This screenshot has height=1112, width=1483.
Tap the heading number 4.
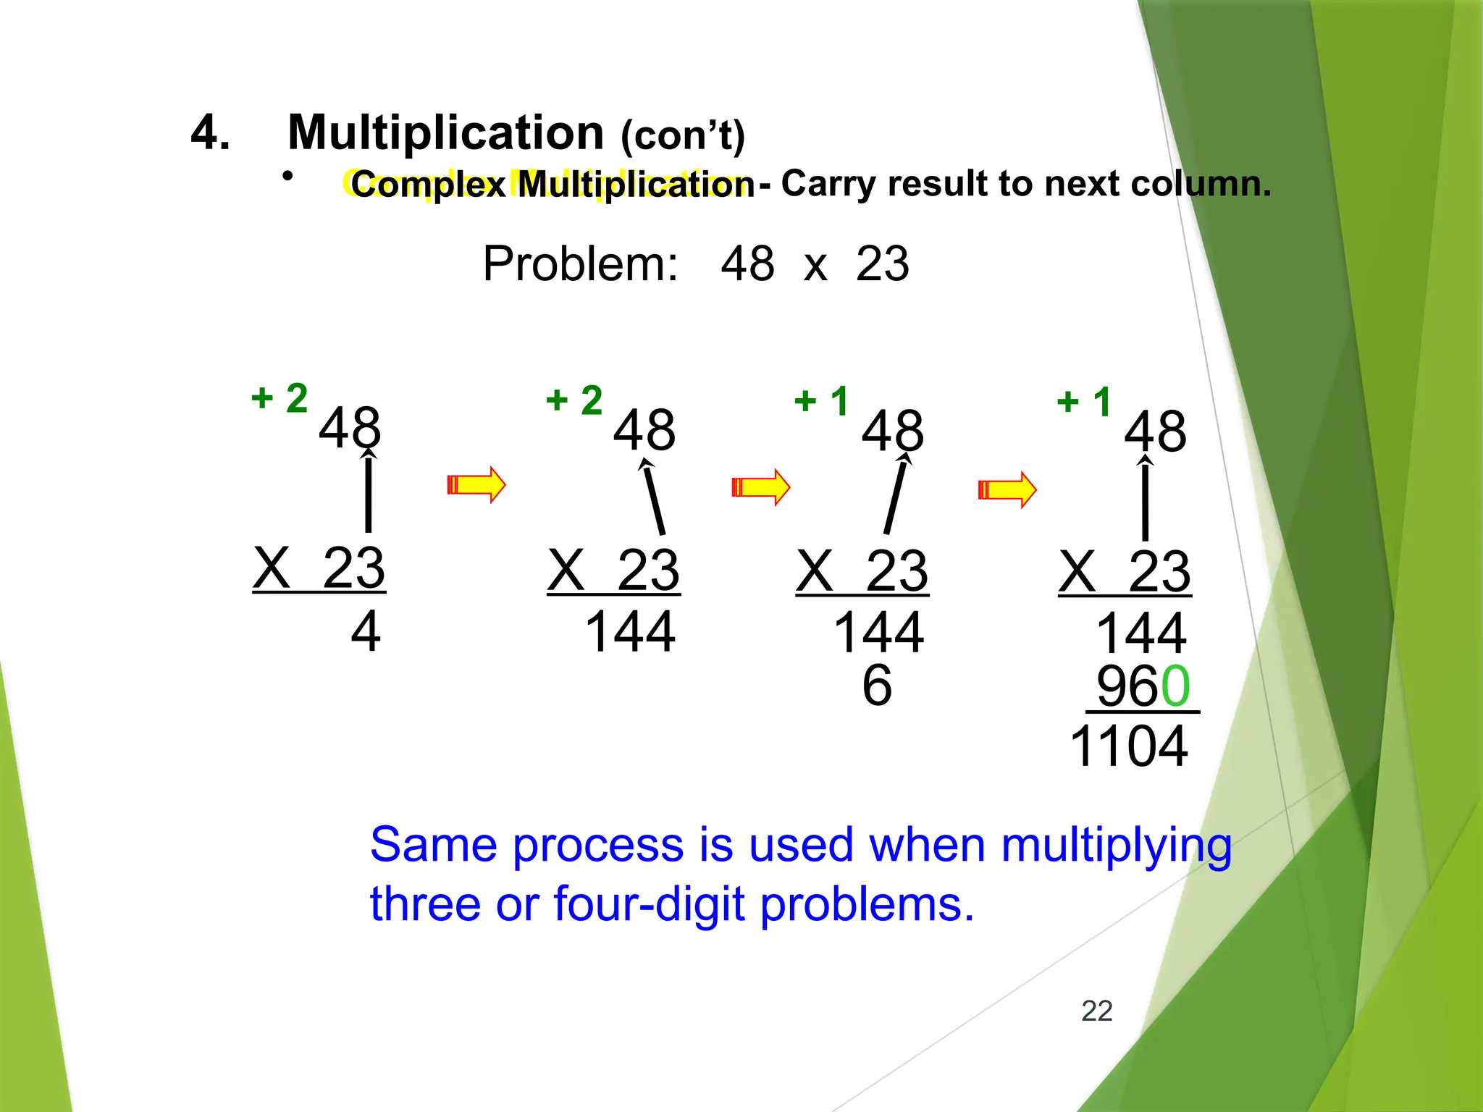click(x=210, y=133)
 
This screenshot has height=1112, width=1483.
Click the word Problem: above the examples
click(x=580, y=264)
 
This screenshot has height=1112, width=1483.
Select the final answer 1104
click(x=1128, y=746)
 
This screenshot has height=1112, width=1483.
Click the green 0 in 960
click(x=1175, y=686)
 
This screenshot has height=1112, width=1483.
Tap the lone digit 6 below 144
click(x=877, y=685)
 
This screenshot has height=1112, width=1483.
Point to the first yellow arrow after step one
click(x=476, y=484)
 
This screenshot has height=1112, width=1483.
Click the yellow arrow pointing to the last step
click(x=1007, y=489)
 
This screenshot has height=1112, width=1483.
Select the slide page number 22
click(x=1096, y=1011)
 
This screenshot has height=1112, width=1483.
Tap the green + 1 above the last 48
click(x=1084, y=402)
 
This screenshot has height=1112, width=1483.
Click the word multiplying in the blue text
click(x=1116, y=846)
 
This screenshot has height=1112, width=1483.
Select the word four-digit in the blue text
click(x=649, y=905)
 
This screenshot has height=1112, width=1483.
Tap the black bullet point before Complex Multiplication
click(x=287, y=176)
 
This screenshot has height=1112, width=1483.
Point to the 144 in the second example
click(x=630, y=632)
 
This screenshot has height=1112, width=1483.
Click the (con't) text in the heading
click(x=683, y=136)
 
